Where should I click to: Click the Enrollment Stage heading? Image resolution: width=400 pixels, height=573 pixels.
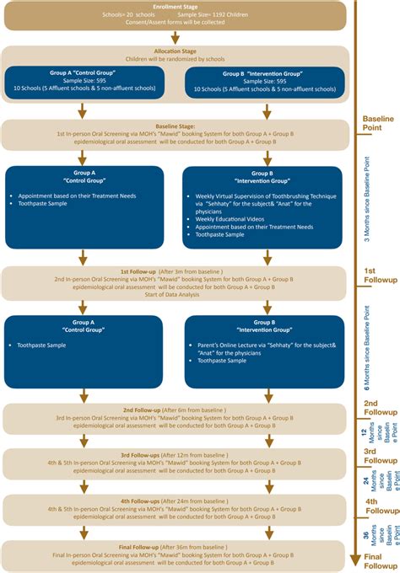(176, 6)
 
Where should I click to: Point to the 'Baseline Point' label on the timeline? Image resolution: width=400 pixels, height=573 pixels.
(377, 124)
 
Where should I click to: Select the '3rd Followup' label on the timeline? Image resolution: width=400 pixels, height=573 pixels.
(379, 456)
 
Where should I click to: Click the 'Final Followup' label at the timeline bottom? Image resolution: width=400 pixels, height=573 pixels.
(379, 562)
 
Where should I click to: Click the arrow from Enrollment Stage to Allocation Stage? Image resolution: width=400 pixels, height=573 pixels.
(175, 36)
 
